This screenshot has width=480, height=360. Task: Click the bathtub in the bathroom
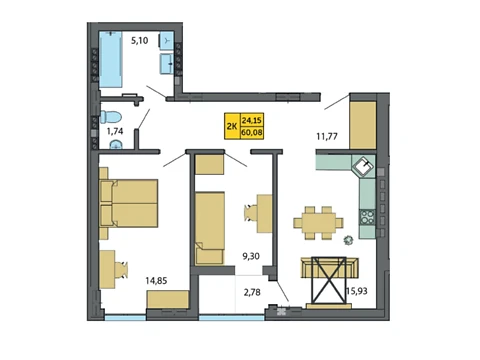(x=111, y=60)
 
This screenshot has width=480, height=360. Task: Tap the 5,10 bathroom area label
(x=139, y=41)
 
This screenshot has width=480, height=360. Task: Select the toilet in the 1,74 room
(x=111, y=117)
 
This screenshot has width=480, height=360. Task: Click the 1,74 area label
(x=115, y=131)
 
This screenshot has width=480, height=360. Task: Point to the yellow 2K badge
(x=232, y=126)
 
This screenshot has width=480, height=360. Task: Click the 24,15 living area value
(x=252, y=120)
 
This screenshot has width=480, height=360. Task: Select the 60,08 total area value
(x=252, y=133)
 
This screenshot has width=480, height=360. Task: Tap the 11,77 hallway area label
(x=327, y=136)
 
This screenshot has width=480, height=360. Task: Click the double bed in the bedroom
(x=129, y=203)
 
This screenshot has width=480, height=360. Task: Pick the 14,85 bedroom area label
(x=156, y=281)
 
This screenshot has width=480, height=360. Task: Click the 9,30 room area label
(x=251, y=256)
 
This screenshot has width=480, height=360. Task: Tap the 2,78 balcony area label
(x=252, y=292)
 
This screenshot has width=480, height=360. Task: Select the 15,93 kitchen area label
(x=357, y=291)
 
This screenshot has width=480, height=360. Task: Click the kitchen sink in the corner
(x=364, y=166)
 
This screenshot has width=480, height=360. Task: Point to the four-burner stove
(x=367, y=217)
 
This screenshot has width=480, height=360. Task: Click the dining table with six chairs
(x=318, y=223)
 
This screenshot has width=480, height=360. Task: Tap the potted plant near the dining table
(x=349, y=240)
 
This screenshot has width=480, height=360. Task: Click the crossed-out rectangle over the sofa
(x=329, y=280)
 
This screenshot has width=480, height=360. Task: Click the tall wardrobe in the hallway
(x=363, y=125)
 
